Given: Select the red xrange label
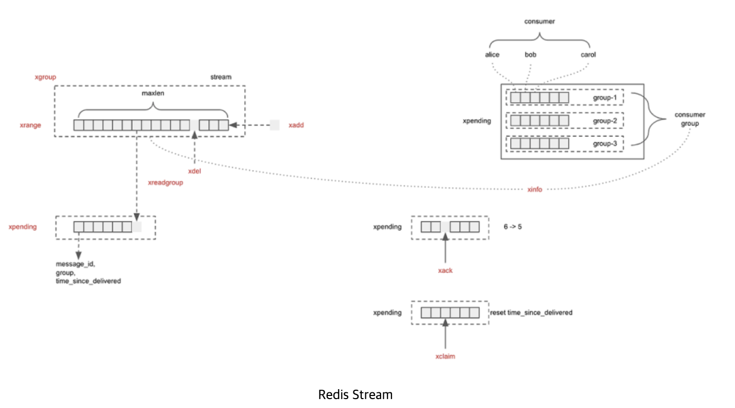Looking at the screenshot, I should tap(30, 126).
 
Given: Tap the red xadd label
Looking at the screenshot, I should tap(296, 126).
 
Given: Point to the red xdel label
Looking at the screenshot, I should tap(194, 171).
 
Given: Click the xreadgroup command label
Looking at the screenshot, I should tap(166, 183).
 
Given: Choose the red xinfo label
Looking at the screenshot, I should tap(535, 189).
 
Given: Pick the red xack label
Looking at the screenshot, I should tap(445, 270).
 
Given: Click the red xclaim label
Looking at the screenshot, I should tap(445, 356).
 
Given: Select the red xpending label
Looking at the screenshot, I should tap(23, 227).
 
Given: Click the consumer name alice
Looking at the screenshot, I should tap(492, 54).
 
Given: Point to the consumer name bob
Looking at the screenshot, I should tap(531, 54).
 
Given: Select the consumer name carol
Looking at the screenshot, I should tap(588, 54).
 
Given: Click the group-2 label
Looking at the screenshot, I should tap(605, 121).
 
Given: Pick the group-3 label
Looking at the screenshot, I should tap(605, 143).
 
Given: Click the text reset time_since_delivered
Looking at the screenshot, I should tap(531, 313).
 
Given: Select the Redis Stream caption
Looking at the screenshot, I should tap(355, 394).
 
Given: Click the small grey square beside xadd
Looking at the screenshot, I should tap(274, 125).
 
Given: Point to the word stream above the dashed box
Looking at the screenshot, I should tap(220, 77).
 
